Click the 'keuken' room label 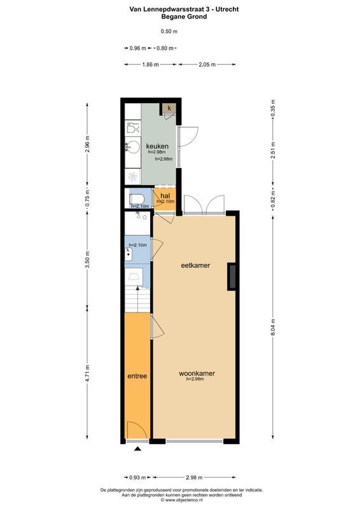157,146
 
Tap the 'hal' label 165,195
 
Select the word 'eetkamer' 196,265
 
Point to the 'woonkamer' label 197,373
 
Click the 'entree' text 137,376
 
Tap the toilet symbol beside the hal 137,197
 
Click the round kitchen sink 132,147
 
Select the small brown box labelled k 169,109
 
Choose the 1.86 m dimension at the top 151,64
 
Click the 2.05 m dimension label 207,64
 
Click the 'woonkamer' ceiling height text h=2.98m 197,380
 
